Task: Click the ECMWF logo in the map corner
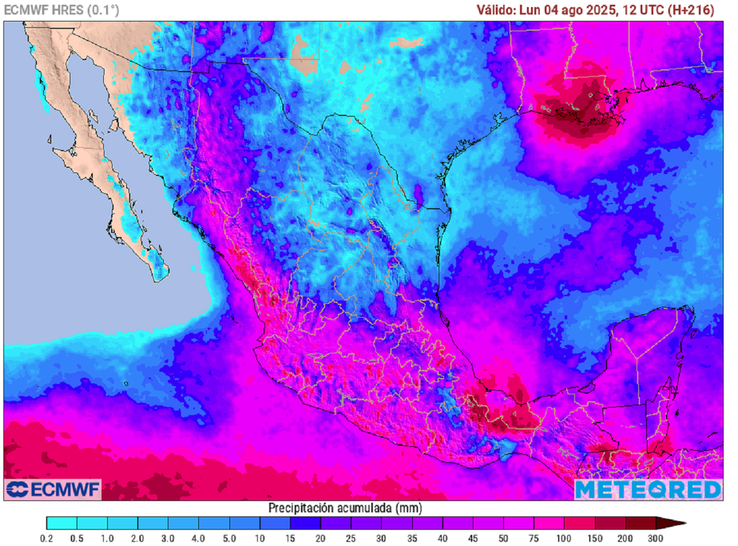click(x=53, y=490)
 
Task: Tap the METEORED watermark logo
click(x=648, y=490)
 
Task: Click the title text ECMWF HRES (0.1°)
click(x=62, y=10)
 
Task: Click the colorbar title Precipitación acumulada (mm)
click(x=346, y=508)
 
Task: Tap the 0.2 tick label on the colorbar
click(x=47, y=538)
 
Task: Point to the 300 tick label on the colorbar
click(x=655, y=538)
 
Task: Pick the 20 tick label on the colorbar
click(x=321, y=538)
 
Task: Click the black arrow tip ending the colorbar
click(x=680, y=523)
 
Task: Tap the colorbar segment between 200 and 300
click(x=640, y=523)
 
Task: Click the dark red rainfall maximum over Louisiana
click(x=577, y=108)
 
